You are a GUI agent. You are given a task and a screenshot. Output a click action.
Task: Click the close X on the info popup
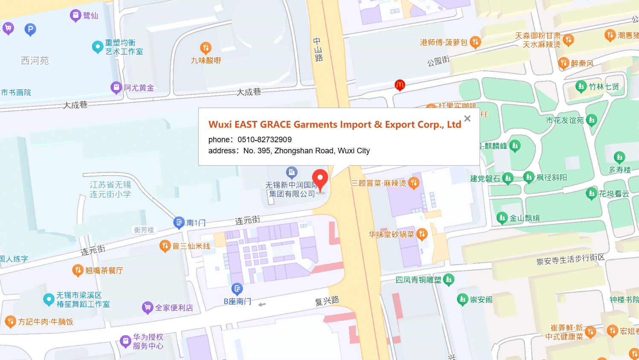[467, 119]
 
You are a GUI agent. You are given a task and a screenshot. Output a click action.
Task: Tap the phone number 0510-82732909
[264, 140]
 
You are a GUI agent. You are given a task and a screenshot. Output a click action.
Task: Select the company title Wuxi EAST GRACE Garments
[335, 124]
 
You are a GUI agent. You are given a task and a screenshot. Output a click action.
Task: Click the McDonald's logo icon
[399, 85]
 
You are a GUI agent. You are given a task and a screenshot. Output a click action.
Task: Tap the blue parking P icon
[30, 29]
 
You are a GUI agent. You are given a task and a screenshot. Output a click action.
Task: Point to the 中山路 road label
[318, 50]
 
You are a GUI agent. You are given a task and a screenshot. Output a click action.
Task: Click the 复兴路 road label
[327, 301]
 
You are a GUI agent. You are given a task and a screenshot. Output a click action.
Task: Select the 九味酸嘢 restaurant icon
[205, 47]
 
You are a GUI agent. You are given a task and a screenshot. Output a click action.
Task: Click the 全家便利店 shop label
[174, 307]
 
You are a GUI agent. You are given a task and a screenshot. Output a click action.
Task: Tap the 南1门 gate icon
[179, 222]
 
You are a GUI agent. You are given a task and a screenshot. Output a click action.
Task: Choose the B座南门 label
[237, 301]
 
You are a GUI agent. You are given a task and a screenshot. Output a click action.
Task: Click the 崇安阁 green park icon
[463, 299]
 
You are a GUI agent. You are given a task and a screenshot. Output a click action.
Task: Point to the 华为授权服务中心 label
[148, 341]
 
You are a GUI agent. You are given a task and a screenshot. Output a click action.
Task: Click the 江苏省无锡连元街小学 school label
[110, 189]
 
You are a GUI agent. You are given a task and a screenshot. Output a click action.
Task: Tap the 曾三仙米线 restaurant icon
[165, 246]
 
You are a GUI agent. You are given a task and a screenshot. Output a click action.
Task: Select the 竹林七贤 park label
[604, 87]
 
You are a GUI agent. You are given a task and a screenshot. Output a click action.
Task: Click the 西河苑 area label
[35, 61]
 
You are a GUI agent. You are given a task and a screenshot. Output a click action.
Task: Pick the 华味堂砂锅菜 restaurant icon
[422, 234]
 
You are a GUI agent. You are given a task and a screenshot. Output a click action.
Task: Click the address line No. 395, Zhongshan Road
[306, 151]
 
